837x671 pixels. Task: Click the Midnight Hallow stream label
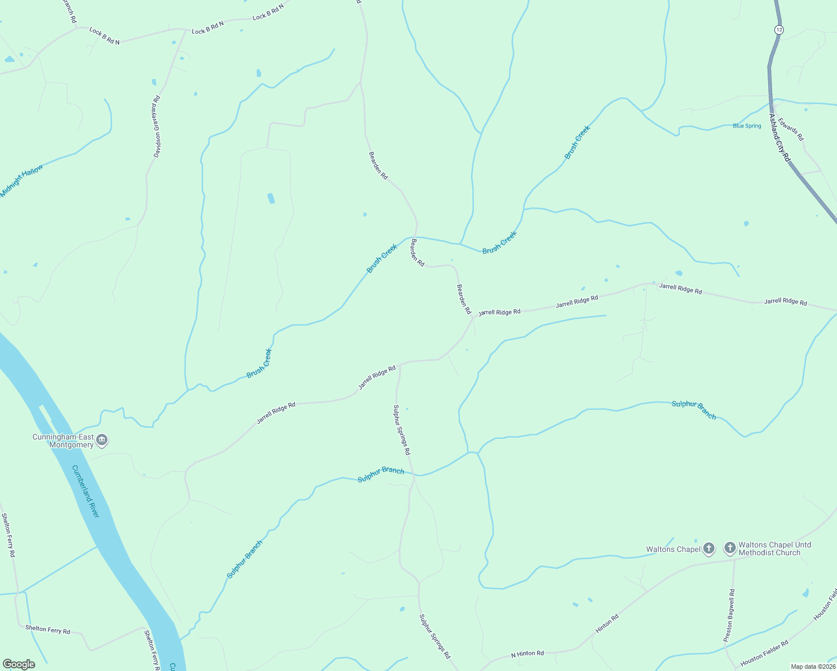point(21,181)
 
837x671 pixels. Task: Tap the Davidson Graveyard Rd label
point(157,127)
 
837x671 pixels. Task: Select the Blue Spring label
point(747,126)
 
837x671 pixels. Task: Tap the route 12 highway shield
point(779,29)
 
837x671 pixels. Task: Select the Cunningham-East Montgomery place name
point(63,441)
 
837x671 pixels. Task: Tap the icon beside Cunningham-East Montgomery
point(102,441)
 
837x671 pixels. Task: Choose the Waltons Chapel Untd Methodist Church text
point(774,549)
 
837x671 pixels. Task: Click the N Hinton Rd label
point(527,654)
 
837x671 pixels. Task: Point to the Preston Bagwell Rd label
point(729,615)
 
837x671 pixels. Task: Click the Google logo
point(19,664)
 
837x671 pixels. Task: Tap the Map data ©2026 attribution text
point(812,667)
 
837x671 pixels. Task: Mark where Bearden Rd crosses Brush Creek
point(416,237)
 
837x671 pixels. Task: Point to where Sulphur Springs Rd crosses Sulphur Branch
point(413,474)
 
